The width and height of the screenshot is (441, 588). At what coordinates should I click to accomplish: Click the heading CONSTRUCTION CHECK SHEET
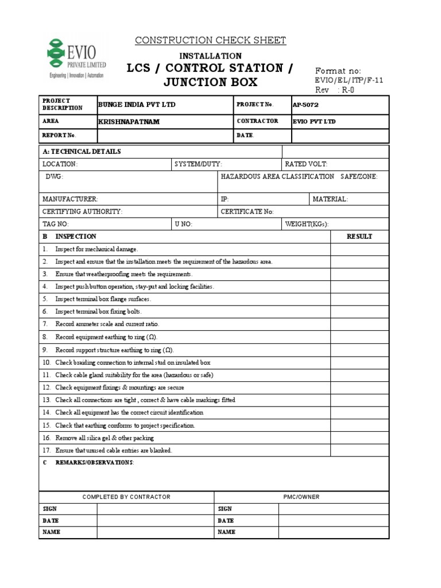tap(210, 40)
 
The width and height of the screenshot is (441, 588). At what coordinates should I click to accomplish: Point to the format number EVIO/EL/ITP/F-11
tap(349, 81)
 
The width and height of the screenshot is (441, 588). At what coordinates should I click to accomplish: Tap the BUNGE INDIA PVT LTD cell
tap(137, 105)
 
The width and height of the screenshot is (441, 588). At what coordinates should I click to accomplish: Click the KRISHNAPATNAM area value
tap(129, 122)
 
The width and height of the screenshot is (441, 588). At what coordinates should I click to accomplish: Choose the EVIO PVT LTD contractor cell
tap(314, 122)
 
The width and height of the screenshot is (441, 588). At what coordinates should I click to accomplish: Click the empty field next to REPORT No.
tap(164, 136)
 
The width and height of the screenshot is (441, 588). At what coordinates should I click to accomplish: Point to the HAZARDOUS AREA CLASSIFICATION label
tap(277, 177)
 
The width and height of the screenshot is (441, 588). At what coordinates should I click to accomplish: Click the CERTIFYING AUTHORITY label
tap(82, 211)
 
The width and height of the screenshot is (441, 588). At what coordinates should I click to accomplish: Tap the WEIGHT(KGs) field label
tap(307, 224)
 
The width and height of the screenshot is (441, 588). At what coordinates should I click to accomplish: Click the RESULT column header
tap(359, 237)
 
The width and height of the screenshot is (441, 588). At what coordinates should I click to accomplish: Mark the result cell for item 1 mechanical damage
tap(359, 249)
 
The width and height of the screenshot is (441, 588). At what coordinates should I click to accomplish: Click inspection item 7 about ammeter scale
tap(103, 324)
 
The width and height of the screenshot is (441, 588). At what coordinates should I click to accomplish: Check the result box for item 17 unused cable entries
tap(359, 450)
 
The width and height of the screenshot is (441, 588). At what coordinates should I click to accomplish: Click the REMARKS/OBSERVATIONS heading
tap(94, 463)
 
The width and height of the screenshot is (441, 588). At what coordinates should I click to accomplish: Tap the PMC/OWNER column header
tap(301, 497)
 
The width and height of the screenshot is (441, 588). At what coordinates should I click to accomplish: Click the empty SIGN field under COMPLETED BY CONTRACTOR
tap(155, 509)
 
